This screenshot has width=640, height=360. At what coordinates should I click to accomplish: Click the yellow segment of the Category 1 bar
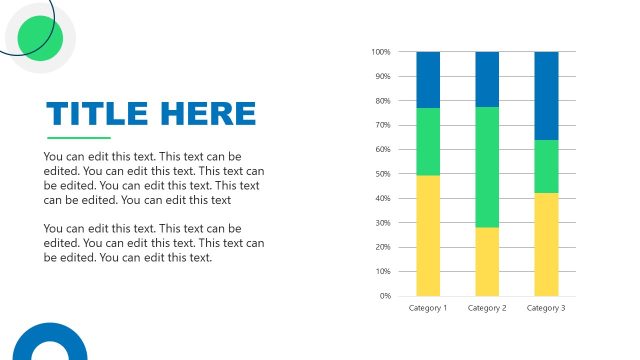(428, 235)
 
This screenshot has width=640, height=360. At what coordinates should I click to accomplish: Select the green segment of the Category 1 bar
(428, 141)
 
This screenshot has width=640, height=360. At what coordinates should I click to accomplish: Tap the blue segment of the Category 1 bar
(428, 80)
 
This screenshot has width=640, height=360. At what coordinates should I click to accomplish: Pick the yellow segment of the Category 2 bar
(487, 261)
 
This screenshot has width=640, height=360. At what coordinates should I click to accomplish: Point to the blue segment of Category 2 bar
(487, 79)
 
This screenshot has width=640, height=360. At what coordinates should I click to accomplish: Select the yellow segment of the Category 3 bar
(546, 244)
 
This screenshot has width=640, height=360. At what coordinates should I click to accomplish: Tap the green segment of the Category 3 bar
(546, 166)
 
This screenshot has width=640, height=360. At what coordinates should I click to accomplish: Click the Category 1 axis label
(428, 308)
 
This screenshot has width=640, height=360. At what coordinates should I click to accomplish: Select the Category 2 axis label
(487, 308)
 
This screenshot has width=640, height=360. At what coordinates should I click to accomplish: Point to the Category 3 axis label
(546, 308)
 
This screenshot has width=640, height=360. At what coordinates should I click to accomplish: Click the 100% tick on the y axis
(380, 52)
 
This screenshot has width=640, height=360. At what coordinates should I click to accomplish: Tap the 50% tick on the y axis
(382, 174)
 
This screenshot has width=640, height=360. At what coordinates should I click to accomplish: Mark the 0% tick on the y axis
(384, 296)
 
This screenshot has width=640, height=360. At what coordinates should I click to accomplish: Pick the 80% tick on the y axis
(382, 101)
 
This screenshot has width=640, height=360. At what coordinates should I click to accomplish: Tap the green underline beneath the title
(79, 137)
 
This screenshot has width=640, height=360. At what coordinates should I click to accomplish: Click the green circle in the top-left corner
(41, 38)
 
